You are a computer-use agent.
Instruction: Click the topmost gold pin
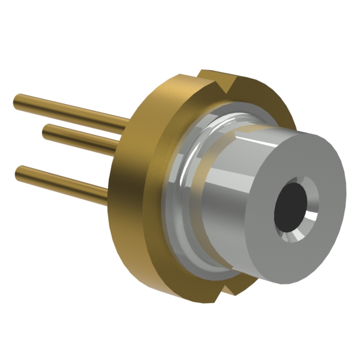(x=67, y=109)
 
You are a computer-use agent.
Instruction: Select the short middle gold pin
(x=79, y=138)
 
